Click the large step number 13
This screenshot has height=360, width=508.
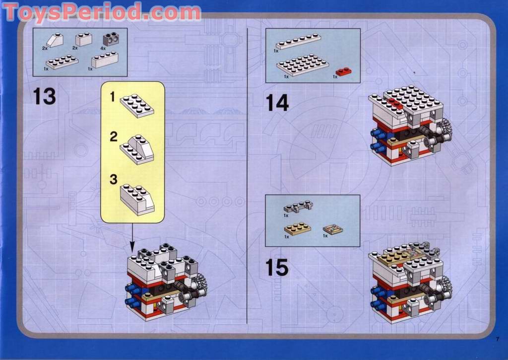(x=45, y=96)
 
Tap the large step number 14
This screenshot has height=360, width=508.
(x=277, y=103)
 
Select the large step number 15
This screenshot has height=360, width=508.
(x=277, y=268)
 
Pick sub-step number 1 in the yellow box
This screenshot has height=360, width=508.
(x=113, y=97)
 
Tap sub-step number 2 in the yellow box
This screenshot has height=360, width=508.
(x=114, y=137)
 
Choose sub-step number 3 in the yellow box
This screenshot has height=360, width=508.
(x=114, y=180)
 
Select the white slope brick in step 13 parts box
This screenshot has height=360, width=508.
(x=56, y=40)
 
